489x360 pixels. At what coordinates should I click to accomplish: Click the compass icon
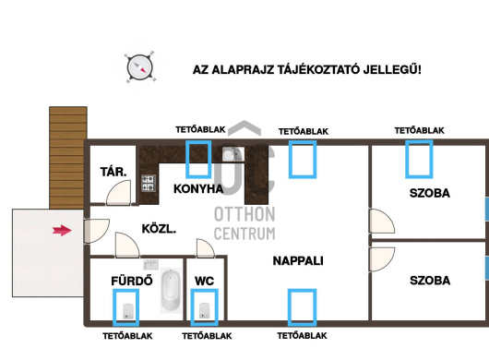(140, 67)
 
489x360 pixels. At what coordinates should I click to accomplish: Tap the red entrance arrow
(62, 231)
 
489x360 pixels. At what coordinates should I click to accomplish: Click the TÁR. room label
(113, 172)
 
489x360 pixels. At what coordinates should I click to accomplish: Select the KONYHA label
(198, 188)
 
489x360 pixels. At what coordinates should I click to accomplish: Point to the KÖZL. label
(159, 229)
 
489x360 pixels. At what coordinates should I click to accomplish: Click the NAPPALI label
(298, 261)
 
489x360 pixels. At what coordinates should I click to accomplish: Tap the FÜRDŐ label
(132, 281)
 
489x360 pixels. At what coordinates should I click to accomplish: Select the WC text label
(204, 281)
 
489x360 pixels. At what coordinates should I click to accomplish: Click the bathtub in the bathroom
(171, 291)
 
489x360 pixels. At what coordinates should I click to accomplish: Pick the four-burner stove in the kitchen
(149, 183)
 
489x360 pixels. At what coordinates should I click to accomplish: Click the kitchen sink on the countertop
(233, 154)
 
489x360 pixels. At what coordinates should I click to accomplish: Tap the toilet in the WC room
(204, 311)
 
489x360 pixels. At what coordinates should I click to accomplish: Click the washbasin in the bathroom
(151, 265)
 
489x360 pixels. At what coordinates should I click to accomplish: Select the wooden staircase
(68, 158)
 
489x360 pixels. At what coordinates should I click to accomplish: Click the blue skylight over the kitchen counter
(198, 159)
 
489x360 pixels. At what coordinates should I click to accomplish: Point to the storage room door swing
(119, 193)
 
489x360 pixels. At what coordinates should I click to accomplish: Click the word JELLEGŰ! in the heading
(392, 69)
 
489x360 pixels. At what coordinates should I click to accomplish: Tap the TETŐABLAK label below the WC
(207, 336)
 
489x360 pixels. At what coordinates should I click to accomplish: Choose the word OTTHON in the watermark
(244, 214)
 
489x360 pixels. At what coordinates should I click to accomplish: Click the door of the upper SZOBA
(382, 222)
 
